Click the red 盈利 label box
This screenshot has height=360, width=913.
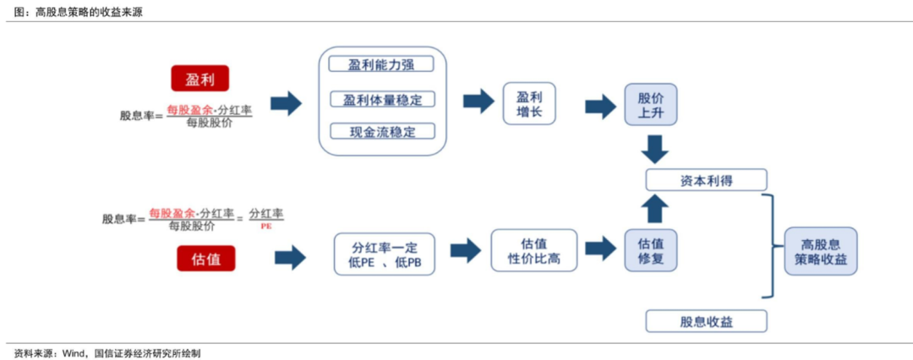tap(200, 79)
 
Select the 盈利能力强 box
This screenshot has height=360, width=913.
tap(381, 65)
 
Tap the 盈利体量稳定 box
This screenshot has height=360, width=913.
tap(381, 100)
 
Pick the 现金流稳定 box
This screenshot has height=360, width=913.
tap(381, 132)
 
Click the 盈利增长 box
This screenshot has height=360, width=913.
tap(529, 104)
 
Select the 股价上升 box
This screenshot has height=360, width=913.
tap(651, 104)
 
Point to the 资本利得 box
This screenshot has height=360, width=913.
tap(706, 180)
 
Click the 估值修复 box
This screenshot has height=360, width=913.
tap(651, 251)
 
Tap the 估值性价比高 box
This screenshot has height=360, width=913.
tap(533, 250)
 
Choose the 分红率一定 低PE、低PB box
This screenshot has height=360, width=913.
tap(385, 254)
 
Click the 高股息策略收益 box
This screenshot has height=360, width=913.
tap(820, 251)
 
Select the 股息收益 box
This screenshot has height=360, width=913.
tap(706, 321)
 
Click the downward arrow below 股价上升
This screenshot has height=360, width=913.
tap(653, 149)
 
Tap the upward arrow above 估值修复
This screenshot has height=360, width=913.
tap(653, 209)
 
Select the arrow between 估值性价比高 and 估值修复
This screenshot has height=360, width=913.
tap(599, 249)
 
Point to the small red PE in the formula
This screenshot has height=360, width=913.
tap(266, 226)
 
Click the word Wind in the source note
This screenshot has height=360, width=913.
tap(73, 353)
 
